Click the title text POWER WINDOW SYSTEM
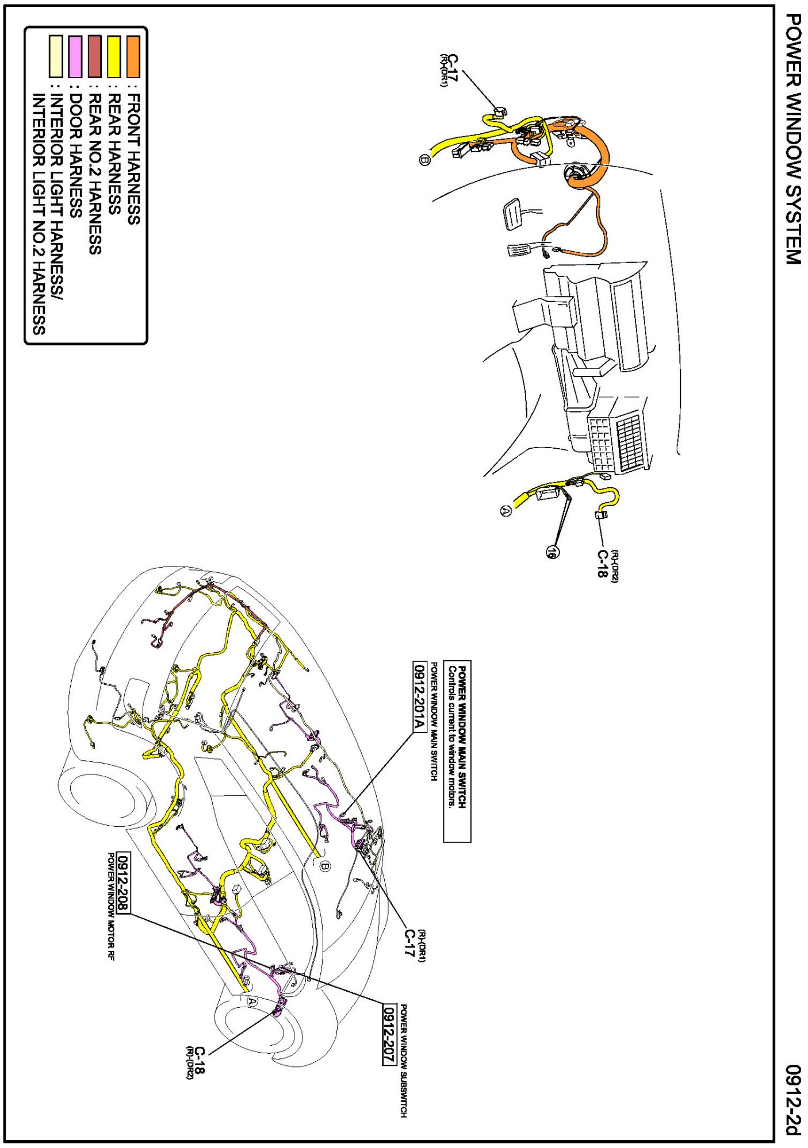click(793, 138)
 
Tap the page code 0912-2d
click(793, 1100)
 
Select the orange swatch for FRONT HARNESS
click(133, 56)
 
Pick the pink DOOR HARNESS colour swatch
click(75, 56)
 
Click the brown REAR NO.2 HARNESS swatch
click(95, 56)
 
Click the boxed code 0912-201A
click(420, 696)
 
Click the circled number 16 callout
click(552, 552)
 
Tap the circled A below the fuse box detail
click(506, 510)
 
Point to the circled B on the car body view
click(326, 866)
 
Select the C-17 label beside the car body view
click(409, 943)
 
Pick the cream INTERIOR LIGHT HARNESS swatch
click(56, 56)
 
